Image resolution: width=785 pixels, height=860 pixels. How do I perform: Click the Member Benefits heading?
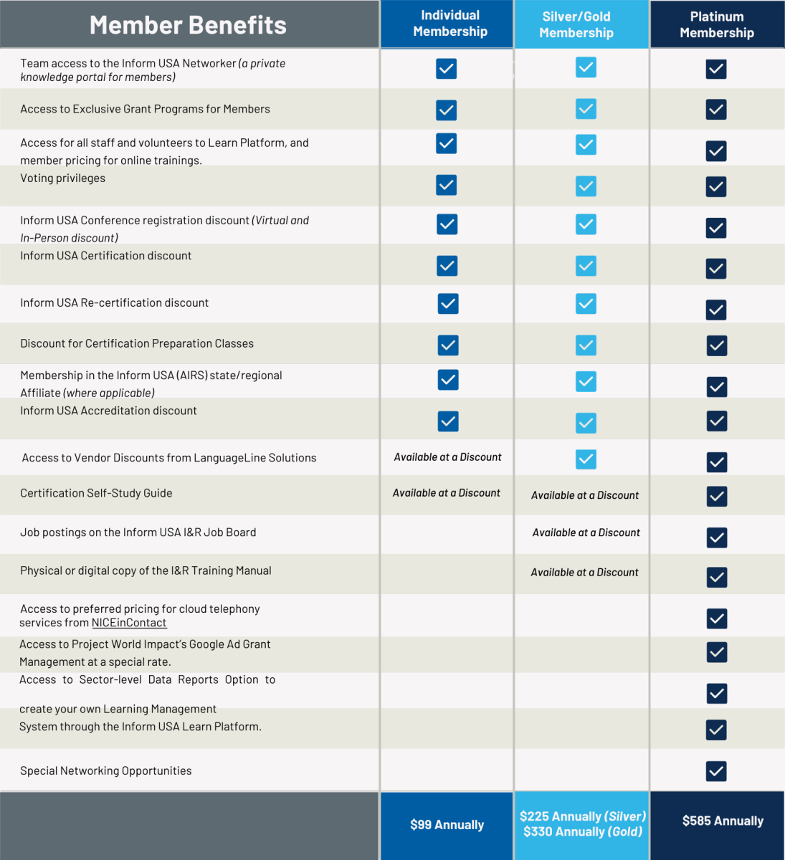[x=188, y=25]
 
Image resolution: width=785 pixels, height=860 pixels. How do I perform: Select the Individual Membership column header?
[x=450, y=24]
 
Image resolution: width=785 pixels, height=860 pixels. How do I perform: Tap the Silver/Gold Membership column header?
[x=576, y=25]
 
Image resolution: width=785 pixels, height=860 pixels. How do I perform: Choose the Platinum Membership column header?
[x=717, y=25]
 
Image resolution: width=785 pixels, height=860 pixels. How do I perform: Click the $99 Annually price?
[x=447, y=825]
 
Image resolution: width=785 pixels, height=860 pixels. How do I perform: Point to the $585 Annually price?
[x=723, y=821]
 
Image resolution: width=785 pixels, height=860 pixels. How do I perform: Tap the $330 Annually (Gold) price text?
[x=582, y=832]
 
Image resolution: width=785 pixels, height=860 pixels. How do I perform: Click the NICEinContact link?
[x=129, y=623]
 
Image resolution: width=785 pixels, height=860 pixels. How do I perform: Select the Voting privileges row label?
[x=63, y=178]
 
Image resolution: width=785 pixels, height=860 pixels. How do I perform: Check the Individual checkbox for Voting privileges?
[x=447, y=185]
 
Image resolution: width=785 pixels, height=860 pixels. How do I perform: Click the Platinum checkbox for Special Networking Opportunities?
[x=716, y=771]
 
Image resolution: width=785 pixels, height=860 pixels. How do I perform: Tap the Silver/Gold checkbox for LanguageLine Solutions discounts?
[x=586, y=459]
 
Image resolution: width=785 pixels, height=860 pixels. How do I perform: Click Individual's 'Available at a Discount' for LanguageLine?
[x=447, y=457]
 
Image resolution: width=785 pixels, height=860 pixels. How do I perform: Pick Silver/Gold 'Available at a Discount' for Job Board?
[x=586, y=532]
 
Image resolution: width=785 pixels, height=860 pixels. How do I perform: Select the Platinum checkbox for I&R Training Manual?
[x=716, y=577]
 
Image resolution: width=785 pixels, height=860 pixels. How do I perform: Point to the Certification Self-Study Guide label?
[x=96, y=493]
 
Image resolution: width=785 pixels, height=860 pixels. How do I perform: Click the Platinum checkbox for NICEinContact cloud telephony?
[x=716, y=618]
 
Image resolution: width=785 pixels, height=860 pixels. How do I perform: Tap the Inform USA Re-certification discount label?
[x=115, y=303]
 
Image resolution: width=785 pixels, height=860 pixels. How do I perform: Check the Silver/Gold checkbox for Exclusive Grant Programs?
[x=586, y=109]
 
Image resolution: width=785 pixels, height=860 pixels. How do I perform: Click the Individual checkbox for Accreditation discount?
[x=448, y=421]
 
